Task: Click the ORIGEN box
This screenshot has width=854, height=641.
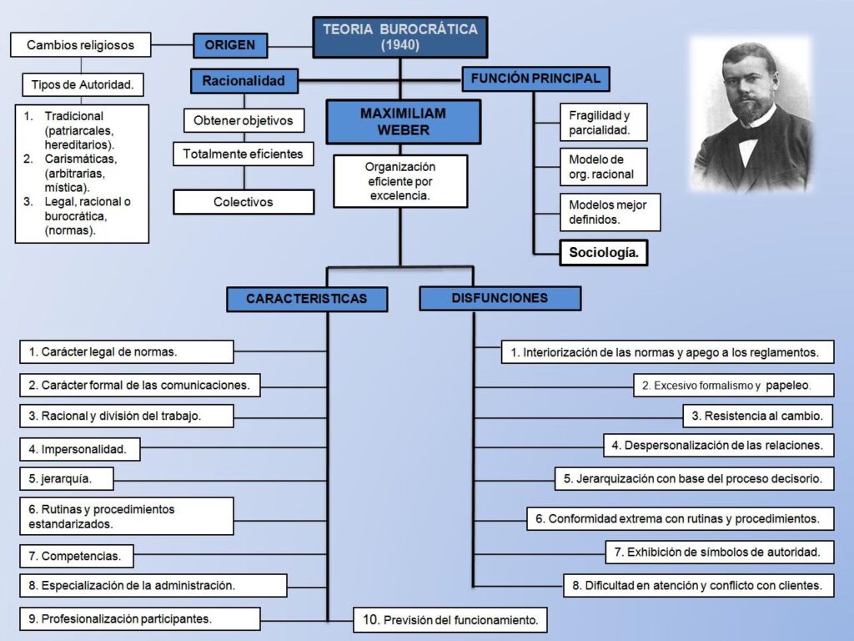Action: (230, 45)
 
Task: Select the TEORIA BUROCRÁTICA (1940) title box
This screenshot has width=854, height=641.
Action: (400, 38)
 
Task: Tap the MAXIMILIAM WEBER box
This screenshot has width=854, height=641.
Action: (404, 122)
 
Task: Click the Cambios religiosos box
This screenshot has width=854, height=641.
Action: (80, 44)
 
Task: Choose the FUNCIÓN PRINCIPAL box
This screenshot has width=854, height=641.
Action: (535, 78)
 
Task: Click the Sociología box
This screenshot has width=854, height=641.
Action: (604, 252)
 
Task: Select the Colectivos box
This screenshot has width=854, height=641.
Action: (244, 202)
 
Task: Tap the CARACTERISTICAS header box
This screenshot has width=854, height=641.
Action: (307, 298)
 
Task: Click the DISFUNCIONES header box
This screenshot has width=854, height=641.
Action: (500, 298)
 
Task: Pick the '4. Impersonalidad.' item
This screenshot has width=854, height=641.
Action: (79, 449)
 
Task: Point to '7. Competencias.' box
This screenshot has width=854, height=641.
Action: (76, 556)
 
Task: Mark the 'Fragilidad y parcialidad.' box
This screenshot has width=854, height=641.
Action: (603, 124)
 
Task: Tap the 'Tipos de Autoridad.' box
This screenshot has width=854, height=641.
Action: (82, 84)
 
